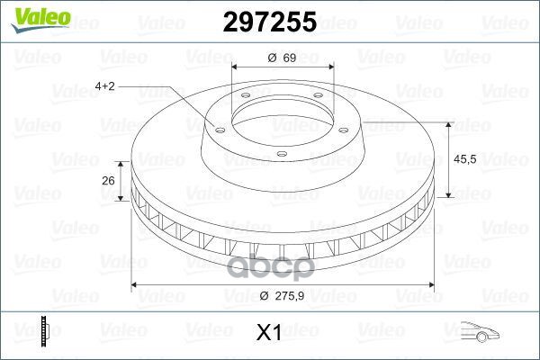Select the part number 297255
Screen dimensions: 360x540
(x=269, y=22)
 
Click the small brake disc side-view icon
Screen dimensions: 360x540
(x=42, y=332)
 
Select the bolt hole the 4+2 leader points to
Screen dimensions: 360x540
(x=217, y=126)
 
